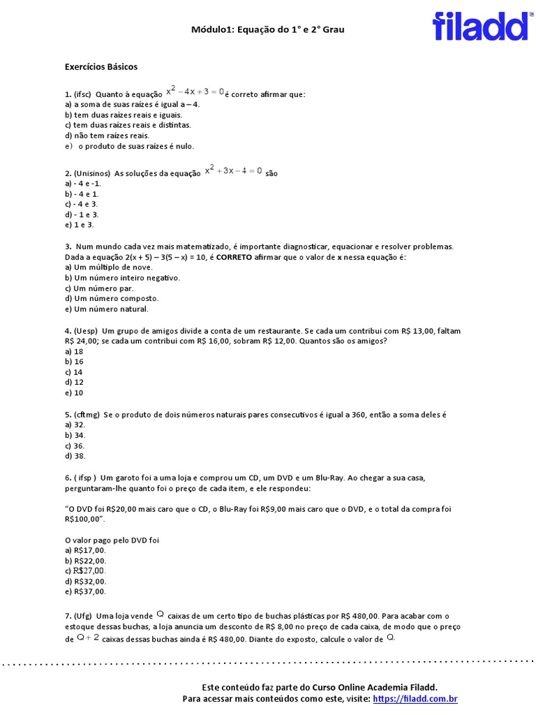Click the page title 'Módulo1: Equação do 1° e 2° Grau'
click(x=268, y=30)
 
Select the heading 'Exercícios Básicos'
click(x=101, y=67)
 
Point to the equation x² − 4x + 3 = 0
click(x=195, y=91)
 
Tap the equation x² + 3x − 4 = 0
click(x=233, y=170)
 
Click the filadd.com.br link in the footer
click(x=415, y=699)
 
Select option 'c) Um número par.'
click(x=99, y=288)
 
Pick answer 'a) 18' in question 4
click(x=74, y=352)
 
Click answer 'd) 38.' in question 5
click(x=75, y=456)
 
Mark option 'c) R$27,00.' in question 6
click(x=86, y=571)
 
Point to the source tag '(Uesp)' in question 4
click(x=86, y=331)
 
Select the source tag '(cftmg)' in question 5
click(x=87, y=415)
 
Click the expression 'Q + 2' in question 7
click(x=88, y=637)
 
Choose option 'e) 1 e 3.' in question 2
click(x=79, y=225)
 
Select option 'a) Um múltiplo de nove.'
click(x=108, y=267)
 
